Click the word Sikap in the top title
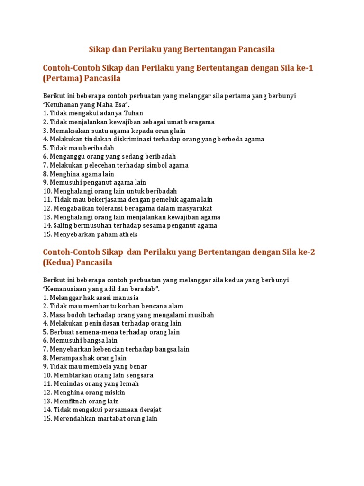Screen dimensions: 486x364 [100, 49]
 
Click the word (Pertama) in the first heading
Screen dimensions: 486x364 [63, 78]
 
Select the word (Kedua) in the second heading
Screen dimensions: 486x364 [58, 262]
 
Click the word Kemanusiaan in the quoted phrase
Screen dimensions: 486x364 [67, 289]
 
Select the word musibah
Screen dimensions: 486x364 [201, 315]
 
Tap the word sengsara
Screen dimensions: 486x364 [140, 375]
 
